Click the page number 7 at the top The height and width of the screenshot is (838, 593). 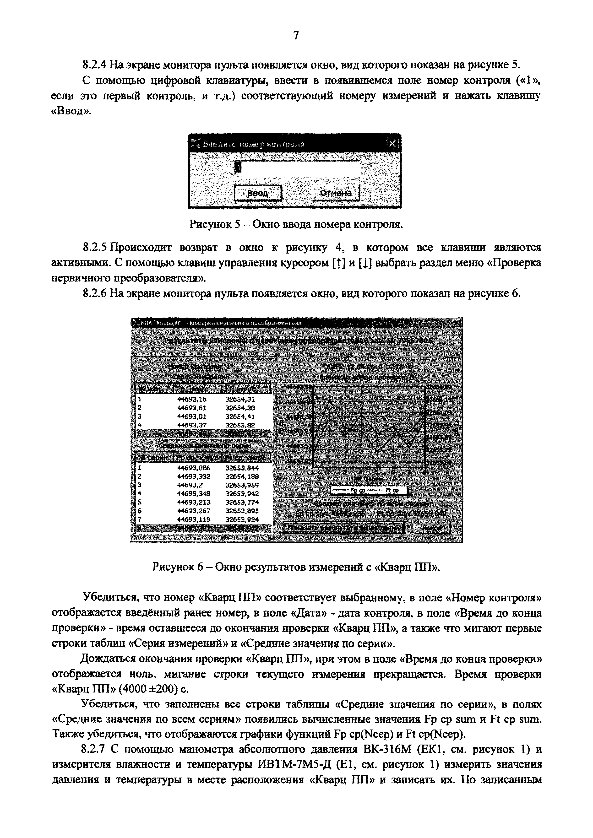[296, 35]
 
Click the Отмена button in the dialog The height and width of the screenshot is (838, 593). [336, 193]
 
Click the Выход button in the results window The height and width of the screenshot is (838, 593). [432, 528]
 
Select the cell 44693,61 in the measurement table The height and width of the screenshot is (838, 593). [192, 408]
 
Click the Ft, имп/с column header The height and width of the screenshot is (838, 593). [245, 389]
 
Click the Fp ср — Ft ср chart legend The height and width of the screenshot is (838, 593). [369, 490]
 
